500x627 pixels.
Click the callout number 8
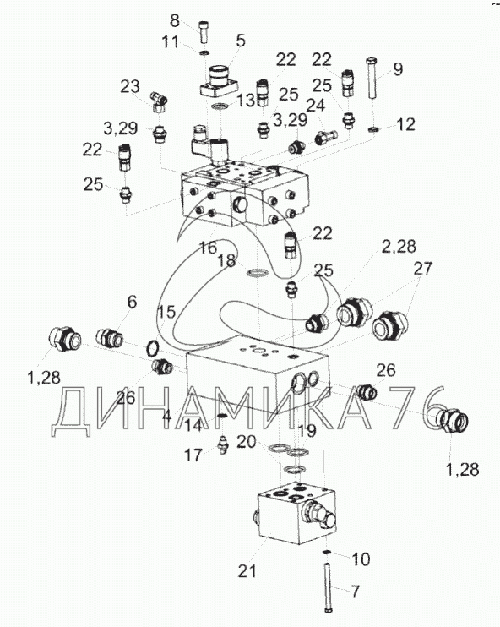(x=175, y=20)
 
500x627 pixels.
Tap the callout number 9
(x=398, y=69)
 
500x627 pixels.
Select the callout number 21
(x=247, y=571)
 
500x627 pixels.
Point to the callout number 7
(x=356, y=592)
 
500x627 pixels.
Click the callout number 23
(x=130, y=86)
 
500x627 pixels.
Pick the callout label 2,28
(x=399, y=247)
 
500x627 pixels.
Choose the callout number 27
(x=423, y=268)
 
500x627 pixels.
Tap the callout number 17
(x=193, y=455)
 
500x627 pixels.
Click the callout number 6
(x=132, y=302)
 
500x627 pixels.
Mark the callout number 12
(x=406, y=124)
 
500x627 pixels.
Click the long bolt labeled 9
(x=372, y=78)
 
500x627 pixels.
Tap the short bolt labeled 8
(x=204, y=32)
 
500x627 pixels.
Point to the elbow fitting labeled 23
(x=159, y=102)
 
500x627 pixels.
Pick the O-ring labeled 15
(x=152, y=349)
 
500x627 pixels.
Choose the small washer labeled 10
(x=327, y=553)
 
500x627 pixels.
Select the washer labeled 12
(x=373, y=129)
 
